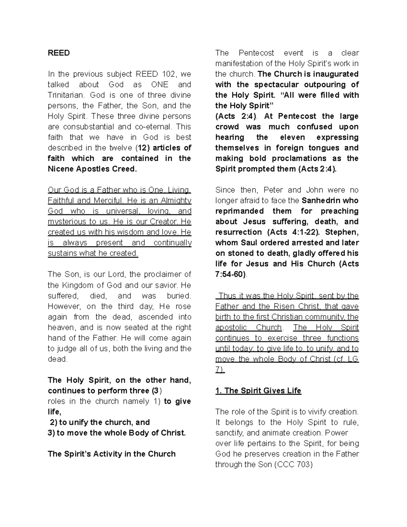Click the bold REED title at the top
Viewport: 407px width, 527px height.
point(59,53)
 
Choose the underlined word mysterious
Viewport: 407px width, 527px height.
point(67,222)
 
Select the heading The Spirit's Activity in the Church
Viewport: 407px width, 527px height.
point(112,454)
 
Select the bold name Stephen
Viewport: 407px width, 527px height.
point(344,232)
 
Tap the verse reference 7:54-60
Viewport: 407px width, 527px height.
point(230,274)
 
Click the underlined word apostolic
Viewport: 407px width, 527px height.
point(231,327)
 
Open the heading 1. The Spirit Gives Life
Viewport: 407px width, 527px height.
point(258,391)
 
